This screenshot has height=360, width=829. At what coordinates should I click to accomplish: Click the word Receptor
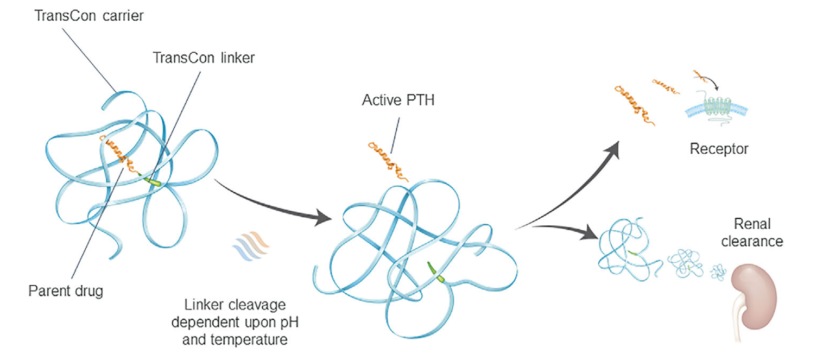[719, 148]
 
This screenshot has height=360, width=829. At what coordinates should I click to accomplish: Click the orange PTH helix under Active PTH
[387, 160]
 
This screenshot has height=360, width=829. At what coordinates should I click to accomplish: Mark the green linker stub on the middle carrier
[436, 273]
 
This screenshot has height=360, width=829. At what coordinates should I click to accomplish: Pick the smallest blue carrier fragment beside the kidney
[719, 271]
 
